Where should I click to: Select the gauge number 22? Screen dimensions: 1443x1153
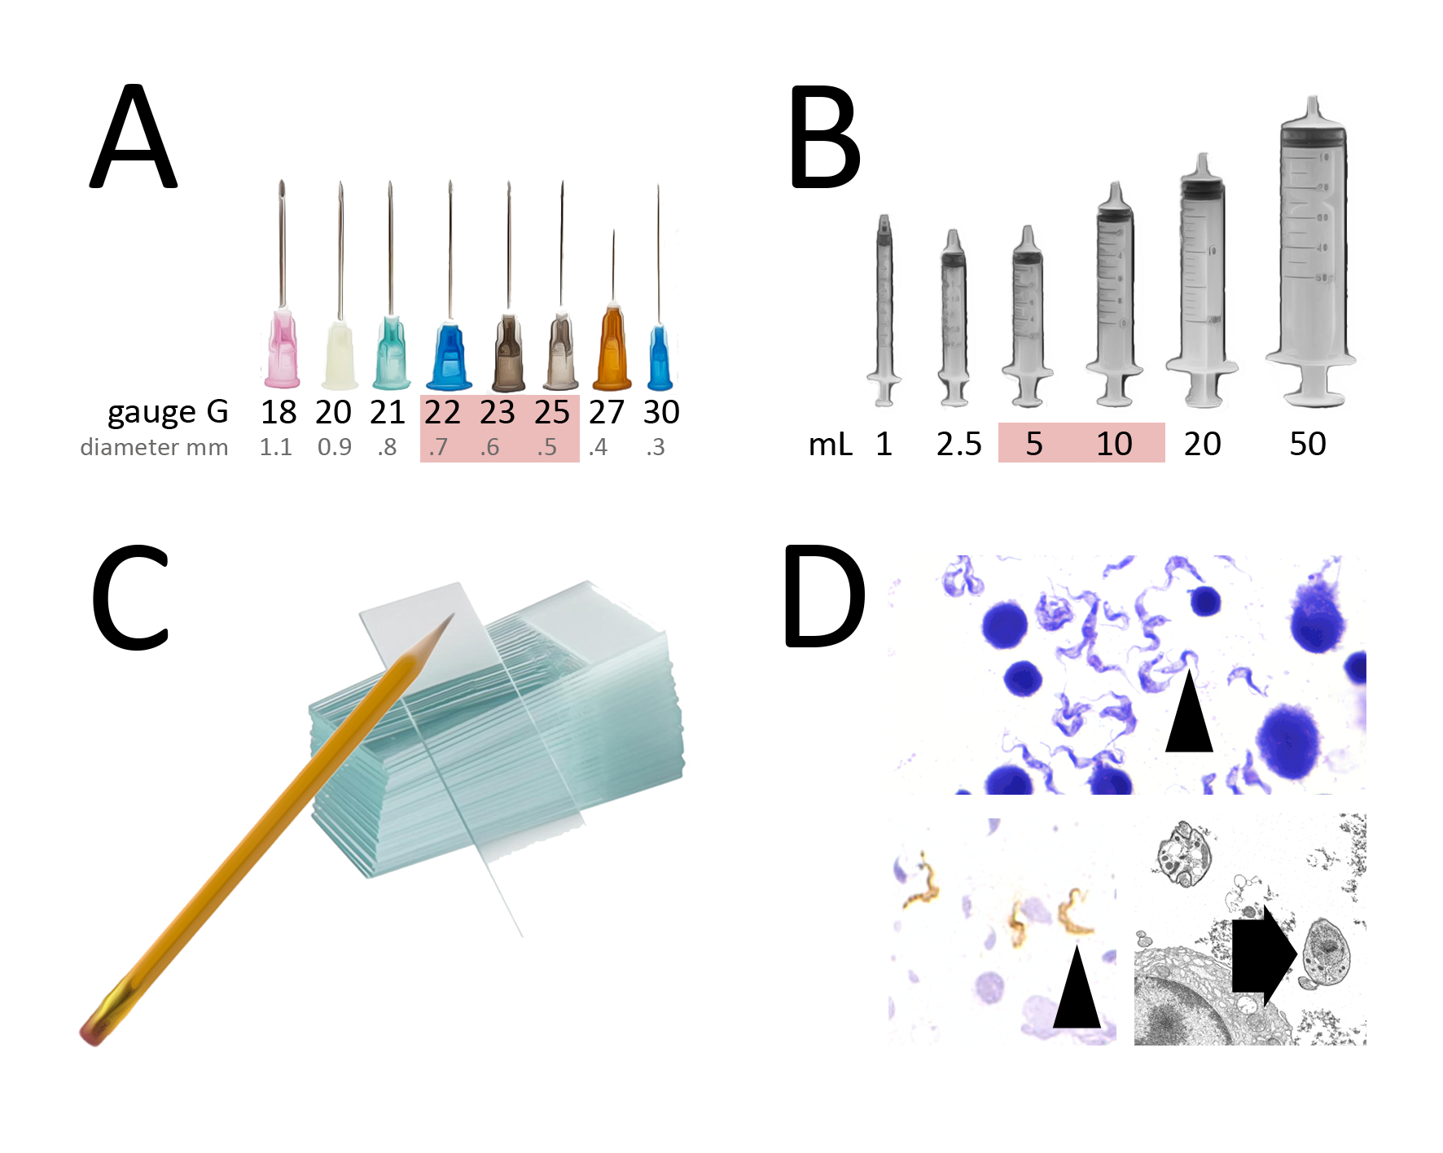pos(442,413)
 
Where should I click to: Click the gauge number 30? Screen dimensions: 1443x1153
pos(660,413)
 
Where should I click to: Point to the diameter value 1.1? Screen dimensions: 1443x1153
pos(275,447)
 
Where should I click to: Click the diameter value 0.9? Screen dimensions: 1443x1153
pos(334,447)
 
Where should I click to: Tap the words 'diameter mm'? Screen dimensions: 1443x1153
pos(154,447)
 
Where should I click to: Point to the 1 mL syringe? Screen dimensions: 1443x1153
pos(884,309)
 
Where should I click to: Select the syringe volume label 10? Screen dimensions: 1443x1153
pos(1113,444)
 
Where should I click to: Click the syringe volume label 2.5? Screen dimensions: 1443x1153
pos(958,444)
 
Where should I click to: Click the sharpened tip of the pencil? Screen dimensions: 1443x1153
pos(449,620)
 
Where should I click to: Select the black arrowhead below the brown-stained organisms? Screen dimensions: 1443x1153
pos(1077,990)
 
